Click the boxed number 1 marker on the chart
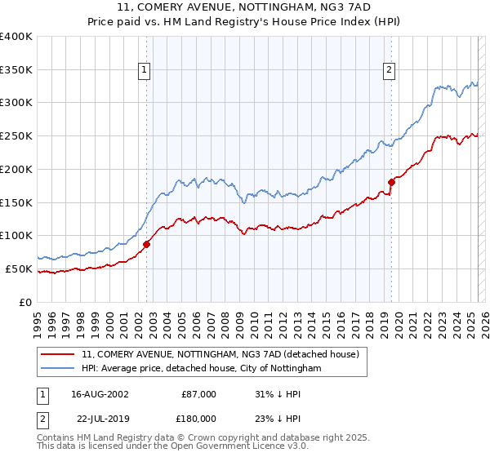pos(145,71)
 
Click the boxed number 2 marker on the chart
pos(389,71)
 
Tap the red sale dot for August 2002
pos(147,243)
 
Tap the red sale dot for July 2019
pos(391,182)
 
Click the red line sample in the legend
pos(58,354)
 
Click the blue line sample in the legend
pos(58,369)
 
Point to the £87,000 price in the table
pos(199,394)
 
